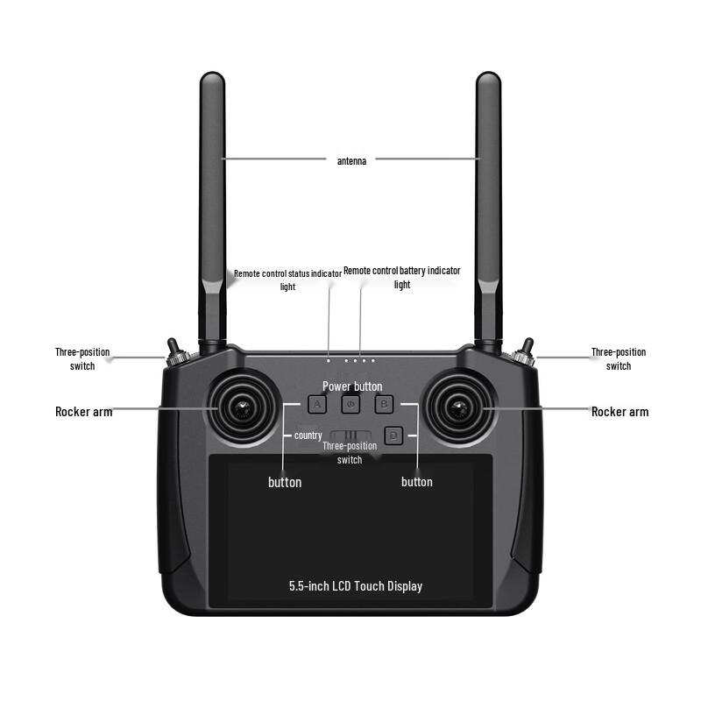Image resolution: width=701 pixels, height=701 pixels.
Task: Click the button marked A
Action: point(317,404)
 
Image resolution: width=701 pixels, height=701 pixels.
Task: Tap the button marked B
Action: point(384,404)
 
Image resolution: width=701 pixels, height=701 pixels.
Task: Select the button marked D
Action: point(393,434)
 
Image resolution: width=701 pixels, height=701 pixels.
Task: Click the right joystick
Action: point(457,407)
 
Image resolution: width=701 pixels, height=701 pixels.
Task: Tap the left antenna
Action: point(213,210)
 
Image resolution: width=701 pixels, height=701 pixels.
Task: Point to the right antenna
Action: point(488,210)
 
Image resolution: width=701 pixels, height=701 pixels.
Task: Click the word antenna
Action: point(351,160)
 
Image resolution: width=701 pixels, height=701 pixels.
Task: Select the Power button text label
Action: point(352,386)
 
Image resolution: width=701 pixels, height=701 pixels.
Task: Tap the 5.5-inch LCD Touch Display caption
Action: point(356,585)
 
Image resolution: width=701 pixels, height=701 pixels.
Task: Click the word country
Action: point(308,435)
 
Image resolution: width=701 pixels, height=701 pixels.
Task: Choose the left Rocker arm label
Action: point(83,412)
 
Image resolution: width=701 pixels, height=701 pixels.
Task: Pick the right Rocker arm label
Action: point(620,412)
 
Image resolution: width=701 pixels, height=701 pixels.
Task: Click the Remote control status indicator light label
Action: point(287,280)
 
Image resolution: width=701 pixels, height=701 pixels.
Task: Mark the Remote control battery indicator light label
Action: point(401,277)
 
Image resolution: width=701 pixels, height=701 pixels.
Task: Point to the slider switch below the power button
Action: point(350,435)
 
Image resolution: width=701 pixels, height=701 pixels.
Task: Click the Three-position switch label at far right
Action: point(619,358)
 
